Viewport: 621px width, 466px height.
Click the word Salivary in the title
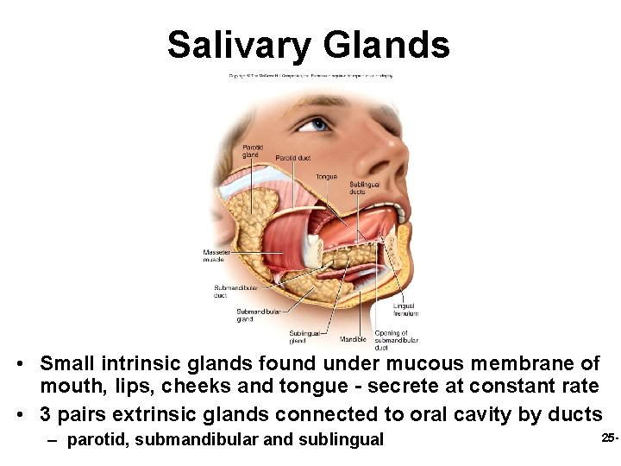(x=238, y=44)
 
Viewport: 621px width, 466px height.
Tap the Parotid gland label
(x=252, y=151)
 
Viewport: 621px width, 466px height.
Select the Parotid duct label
(x=293, y=158)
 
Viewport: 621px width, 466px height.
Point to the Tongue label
(x=326, y=177)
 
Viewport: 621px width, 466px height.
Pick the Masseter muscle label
(x=214, y=255)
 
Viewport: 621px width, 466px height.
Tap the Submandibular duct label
(x=234, y=291)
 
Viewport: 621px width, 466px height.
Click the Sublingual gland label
(x=304, y=337)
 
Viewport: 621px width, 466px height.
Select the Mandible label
(x=353, y=339)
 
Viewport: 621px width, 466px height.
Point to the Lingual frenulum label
(x=405, y=309)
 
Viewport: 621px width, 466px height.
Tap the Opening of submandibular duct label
(x=392, y=340)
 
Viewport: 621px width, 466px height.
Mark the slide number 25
(x=608, y=438)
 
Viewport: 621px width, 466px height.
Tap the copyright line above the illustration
(x=310, y=76)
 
